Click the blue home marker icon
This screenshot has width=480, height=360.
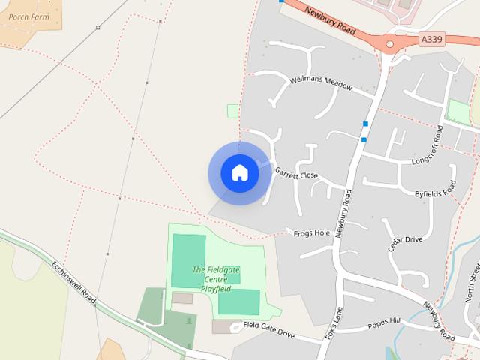(240, 173)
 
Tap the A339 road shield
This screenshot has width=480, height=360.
(431, 39)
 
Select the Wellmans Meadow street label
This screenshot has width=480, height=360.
(320, 82)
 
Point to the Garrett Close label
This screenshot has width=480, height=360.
(297, 174)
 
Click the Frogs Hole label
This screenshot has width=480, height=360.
(312, 233)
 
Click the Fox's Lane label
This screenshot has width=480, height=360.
(334, 323)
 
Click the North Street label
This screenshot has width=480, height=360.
(472, 284)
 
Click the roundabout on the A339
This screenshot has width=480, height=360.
(389, 44)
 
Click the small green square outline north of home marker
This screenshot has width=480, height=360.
(232, 111)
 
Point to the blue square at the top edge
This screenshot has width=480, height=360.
(281, 1)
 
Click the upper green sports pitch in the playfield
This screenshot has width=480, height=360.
(188, 260)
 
